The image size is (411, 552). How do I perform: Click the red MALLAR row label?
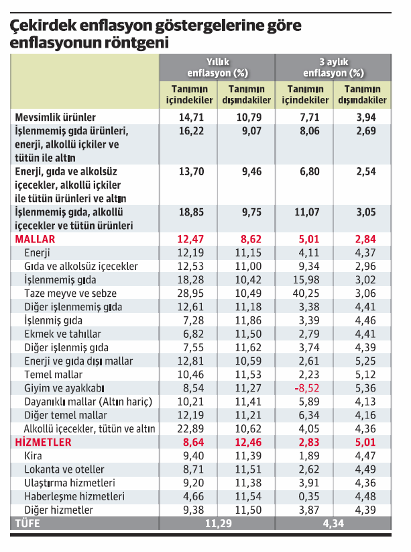click(x=35, y=239)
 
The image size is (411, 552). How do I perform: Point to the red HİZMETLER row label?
click(x=43, y=443)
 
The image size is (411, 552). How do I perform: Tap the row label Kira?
click(x=32, y=456)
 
